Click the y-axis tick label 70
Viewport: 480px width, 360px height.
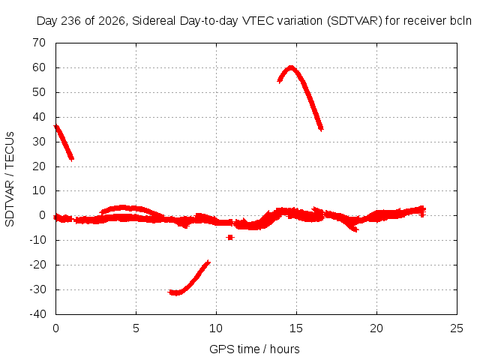click(39, 43)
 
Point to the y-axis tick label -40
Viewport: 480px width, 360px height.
click(37, 314)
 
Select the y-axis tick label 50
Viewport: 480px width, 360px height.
click(39, 92)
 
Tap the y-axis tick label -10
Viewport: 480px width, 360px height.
click(37, 240)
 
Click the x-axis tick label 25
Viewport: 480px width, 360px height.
click(457, 328)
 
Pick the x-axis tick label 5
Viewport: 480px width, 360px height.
click(136, 328)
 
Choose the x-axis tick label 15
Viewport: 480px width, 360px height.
click(296, 328)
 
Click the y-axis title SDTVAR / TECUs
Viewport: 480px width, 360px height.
click(10, 179)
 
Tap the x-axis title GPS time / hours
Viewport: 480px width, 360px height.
click(254, 349)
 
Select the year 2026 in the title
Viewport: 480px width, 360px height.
click(112, 21)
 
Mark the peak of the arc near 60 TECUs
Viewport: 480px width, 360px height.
click(291, 67)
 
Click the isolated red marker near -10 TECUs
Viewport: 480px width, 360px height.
click(230, 237)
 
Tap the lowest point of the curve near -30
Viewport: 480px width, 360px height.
click(176, 293)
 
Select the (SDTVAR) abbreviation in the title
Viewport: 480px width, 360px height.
click(355, 21)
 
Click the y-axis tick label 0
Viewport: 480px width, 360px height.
click(43, 215)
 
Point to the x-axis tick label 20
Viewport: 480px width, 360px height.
click(376, 328)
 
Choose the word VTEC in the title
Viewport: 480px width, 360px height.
click(258, 21)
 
